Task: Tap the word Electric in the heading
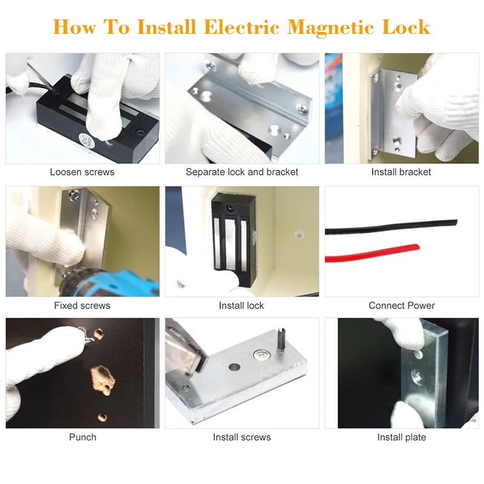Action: (241, 27)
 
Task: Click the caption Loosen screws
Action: (82, 172)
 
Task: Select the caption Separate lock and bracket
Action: (241, 172)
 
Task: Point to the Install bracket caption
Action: (401, 172)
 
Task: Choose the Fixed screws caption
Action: (82, 306)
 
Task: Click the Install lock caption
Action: (241, 306)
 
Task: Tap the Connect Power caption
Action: (402, 306)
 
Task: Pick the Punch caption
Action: (83, 437)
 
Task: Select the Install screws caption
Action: (241, 437)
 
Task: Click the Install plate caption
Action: (402, 437)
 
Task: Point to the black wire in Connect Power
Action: (391, 227)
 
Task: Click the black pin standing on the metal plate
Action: (281, 339)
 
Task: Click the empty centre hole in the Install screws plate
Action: (234, 367)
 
